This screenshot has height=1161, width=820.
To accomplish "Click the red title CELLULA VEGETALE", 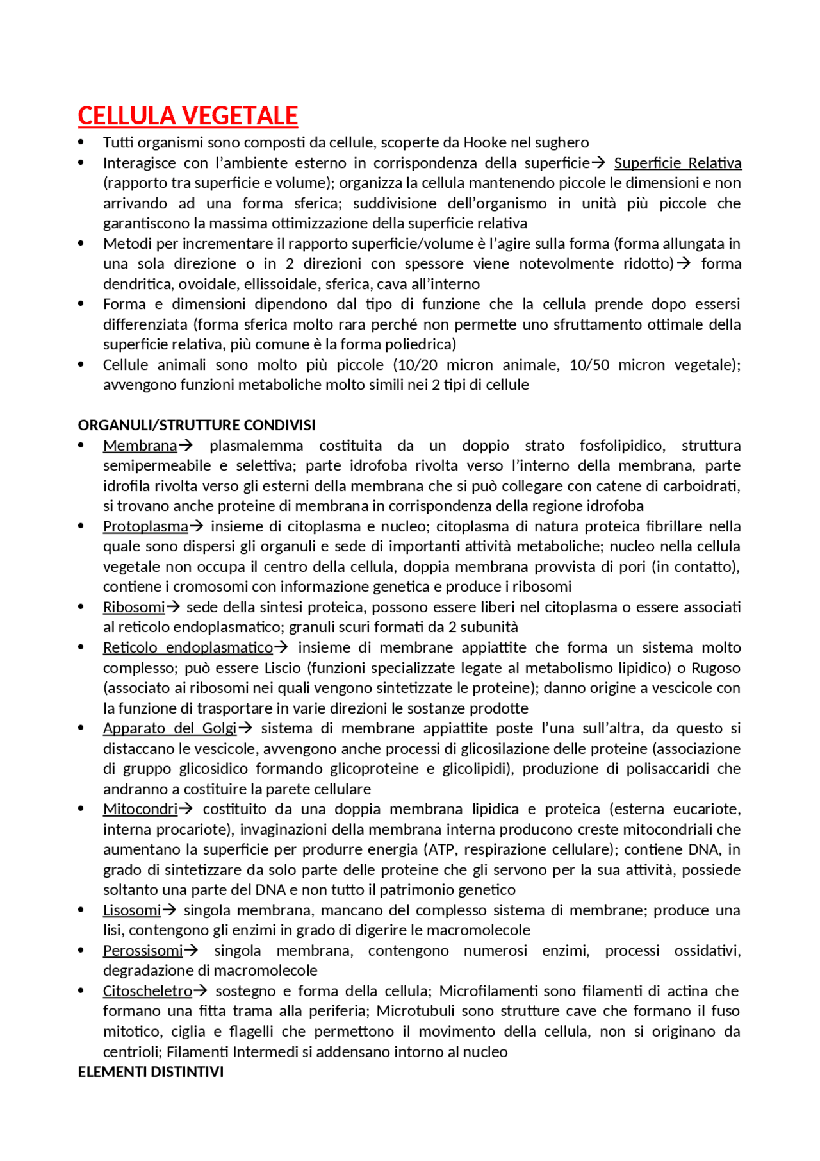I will pos(188,116).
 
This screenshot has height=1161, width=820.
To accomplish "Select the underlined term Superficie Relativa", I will pos(677,163).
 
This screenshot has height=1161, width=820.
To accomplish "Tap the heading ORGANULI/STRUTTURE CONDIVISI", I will pos(197,425).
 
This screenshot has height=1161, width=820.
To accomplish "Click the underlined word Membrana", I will pos(140,446).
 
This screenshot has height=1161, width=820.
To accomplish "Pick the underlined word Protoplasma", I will pos(145,526).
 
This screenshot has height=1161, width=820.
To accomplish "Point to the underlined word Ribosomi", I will pos(134,607).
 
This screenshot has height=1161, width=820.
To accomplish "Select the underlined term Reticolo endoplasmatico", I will pos(188,647).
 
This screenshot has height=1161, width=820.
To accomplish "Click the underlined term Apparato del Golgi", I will pos(170,728).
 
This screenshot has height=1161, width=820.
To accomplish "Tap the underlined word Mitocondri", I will pos(140,809).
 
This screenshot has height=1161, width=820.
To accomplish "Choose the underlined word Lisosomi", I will pos(132,910).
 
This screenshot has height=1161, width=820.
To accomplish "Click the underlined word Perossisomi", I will pos(143,951).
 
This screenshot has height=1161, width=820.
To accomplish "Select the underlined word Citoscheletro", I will pos(147,991).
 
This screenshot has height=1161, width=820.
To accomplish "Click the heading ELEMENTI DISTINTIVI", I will pos(151,1072).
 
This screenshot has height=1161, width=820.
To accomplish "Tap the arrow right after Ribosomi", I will pos(173,607).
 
